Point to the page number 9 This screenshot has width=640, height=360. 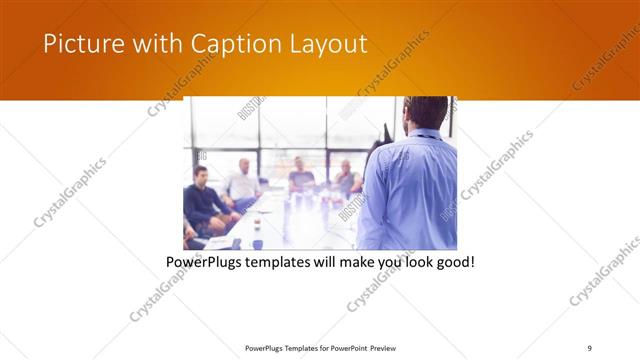click(589, 347)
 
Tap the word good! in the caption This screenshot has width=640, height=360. click(451, 262)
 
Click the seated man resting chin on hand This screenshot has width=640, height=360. click(347, 180)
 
